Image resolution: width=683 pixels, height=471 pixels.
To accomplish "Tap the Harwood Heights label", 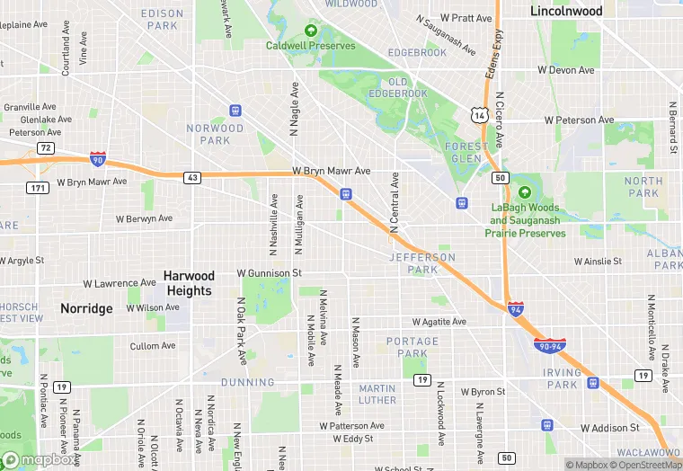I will [189, 283].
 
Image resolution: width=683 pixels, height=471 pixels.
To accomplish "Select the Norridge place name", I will [86, 308].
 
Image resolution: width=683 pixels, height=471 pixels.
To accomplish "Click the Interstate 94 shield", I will [515, 308].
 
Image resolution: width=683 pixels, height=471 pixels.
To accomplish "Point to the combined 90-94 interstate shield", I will [549, 344].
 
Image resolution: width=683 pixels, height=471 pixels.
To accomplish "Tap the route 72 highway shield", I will [45, 147].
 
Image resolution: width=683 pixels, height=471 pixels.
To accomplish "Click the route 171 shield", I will [38, 187].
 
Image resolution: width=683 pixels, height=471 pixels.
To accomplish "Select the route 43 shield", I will [193, 178].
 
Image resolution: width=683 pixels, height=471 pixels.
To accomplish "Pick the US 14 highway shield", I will [479, 114].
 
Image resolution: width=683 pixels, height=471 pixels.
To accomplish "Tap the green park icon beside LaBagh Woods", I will [525, 192].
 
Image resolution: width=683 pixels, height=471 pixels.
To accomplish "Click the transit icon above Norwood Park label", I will [235, 111].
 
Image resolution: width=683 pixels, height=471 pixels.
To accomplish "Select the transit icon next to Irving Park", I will [593, 382].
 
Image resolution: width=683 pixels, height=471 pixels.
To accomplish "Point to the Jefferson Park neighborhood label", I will [421, 263].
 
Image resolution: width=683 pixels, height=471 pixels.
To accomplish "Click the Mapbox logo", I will [38, 459].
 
